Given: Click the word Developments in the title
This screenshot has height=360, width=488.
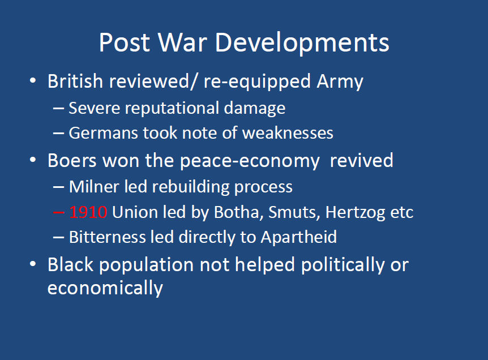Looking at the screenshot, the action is [302, 43].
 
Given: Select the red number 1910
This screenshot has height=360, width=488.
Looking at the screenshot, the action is [88, 212].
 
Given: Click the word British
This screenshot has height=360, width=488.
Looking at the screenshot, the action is [75, 81].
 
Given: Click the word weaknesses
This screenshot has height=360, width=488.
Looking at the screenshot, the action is [288, 133].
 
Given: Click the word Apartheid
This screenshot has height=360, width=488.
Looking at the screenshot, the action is [299, 237].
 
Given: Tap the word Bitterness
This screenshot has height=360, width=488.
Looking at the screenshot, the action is [108, 237].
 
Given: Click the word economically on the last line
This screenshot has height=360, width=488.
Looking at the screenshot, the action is [105, 288].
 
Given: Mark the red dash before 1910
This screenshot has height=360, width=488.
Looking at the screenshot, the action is [59, 212].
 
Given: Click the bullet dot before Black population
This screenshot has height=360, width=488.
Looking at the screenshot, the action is [33, 264].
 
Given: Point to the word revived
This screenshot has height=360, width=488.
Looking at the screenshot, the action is [361, 161].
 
